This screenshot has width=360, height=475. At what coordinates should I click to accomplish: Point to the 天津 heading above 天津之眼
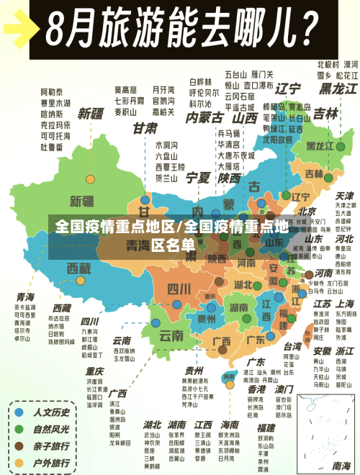pos(325,196)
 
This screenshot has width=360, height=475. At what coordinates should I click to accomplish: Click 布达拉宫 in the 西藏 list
pos(59,317)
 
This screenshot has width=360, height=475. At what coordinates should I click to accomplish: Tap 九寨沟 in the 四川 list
pos(89,332)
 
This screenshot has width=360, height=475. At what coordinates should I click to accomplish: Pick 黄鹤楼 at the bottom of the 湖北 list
pos(152,467)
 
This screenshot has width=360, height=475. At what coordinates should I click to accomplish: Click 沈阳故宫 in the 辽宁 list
pos(278,140)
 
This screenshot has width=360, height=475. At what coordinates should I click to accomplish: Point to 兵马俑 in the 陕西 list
pos(228,134)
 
